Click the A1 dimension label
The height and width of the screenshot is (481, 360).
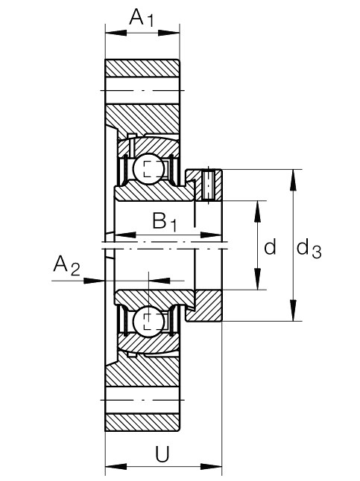[x=141, y=18]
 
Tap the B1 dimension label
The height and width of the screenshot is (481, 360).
[x=165, y=221]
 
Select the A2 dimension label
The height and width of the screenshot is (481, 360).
[x=66, y=266]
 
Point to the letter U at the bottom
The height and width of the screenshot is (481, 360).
[x=162, y=455]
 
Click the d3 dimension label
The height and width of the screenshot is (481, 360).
[x=309, y=249]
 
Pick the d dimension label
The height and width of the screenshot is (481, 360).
[x=271, y=246]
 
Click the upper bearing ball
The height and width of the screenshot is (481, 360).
[x=148, y=168]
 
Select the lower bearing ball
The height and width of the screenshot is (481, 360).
[x=148, y=322]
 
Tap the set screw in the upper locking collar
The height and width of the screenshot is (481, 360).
[x=208, y=185]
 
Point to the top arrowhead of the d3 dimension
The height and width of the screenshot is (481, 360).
[x=294, y=180]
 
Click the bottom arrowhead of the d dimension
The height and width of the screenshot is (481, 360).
[x=257, y=278]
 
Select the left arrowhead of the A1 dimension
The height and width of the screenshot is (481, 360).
[x=116, y=33]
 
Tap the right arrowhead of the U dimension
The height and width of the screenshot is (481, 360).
[x=211, y=467]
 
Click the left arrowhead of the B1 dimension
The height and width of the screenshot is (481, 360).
[x=125, y=235]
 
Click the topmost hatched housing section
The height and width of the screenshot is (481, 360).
[x=142, y=68]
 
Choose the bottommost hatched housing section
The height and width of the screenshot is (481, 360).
[x=142, y=422]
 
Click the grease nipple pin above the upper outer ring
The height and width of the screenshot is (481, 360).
[x=132, y=144]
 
